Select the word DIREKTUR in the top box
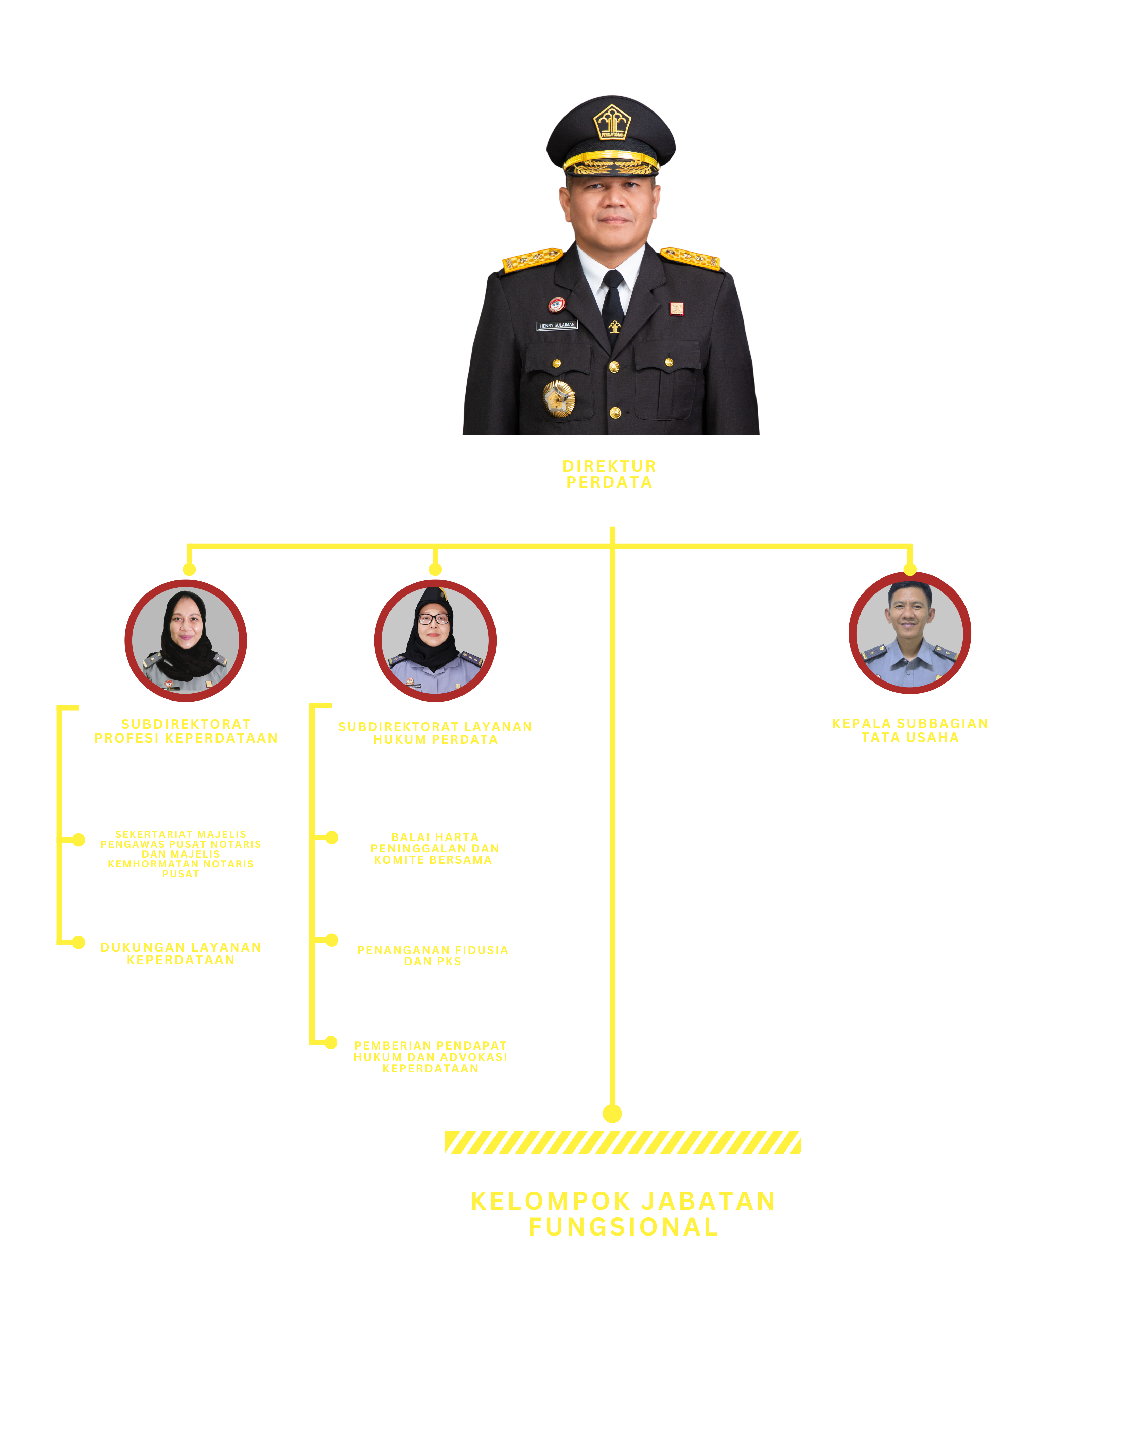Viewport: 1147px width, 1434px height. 609,466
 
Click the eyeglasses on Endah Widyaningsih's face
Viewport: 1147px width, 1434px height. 434,619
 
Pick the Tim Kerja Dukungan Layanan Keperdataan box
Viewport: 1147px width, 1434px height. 179,945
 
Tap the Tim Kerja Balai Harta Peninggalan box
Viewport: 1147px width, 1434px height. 432,840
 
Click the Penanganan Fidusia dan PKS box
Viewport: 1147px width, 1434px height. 432,943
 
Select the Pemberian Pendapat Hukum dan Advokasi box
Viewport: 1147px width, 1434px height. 431,1045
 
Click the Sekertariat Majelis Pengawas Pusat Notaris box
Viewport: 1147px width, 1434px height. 179,843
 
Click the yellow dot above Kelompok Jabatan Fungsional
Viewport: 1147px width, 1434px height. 612,1113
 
